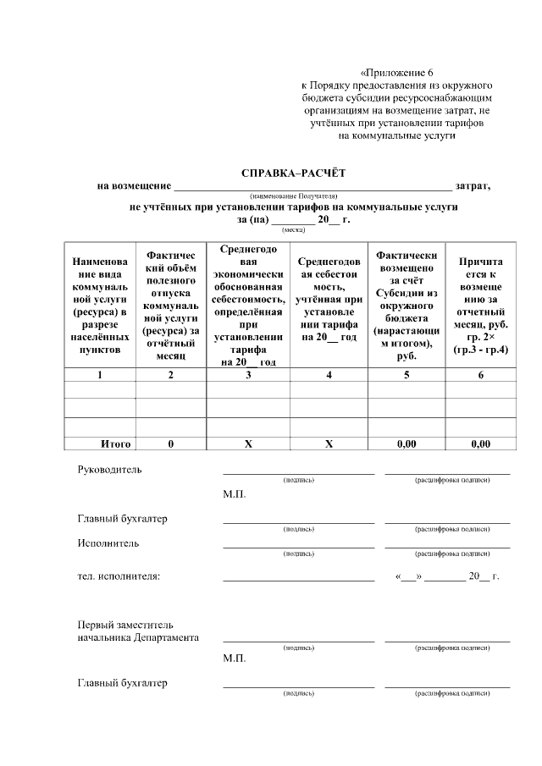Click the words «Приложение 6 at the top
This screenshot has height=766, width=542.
(396, 73)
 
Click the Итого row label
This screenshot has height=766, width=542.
(115, 444)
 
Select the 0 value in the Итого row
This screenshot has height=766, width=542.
(171, 444)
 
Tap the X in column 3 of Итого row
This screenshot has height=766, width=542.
(248, 444)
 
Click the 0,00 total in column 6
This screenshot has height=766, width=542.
(480, 444)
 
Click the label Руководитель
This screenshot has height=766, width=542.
(110, 469)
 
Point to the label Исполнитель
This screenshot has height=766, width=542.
(108, 543)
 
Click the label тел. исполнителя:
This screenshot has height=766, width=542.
(119, 576)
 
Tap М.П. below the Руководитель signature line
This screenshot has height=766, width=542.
(234, 493)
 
